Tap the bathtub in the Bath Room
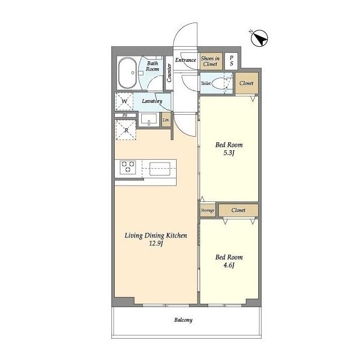tap(128, 73)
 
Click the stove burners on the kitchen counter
tap(128, 167)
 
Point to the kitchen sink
tap(160, 167)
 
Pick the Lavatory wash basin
tap(149, 120)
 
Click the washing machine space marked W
tap(124, 102)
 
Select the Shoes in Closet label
tap(210, 61)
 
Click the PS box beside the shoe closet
tap(231, 61)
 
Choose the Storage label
tap(208, 210)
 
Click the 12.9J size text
tap(156, 244)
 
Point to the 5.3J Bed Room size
tap(229, 153)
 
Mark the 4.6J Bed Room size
tap(229, 266)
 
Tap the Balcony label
tap(183, 320)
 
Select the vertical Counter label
tap(169, 73)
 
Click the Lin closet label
tap(166, 120)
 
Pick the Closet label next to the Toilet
tap(246, 83)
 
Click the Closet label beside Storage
tap(238, 210)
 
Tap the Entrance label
tap(186, 60)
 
